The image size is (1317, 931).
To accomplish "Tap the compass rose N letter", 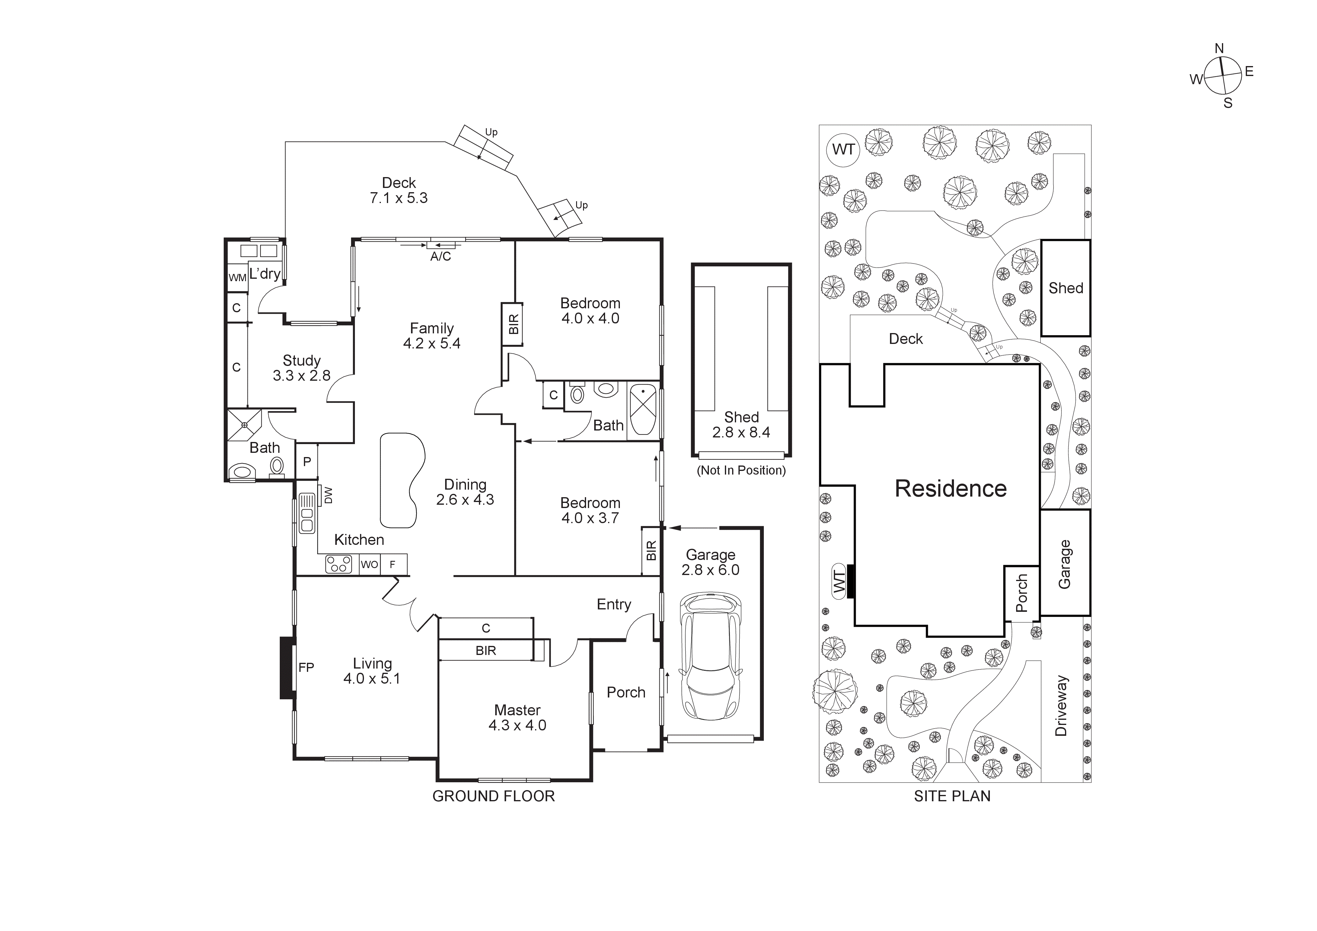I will [1220, 48].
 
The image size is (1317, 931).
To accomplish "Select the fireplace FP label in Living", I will [306, 667].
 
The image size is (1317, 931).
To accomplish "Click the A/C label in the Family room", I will [441, 256].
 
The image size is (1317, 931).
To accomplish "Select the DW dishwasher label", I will [328, 495].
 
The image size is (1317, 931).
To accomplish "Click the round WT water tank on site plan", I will [843, 150].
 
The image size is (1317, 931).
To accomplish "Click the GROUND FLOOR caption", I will [493, 796].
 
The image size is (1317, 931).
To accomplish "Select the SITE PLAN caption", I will [952, 796].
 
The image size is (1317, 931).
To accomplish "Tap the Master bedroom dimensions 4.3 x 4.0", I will [517, 725].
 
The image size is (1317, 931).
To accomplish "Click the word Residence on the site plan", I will [950, 488].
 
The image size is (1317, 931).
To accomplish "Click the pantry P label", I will [307, 462].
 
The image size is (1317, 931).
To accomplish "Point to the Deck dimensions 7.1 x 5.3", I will [399, 198].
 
